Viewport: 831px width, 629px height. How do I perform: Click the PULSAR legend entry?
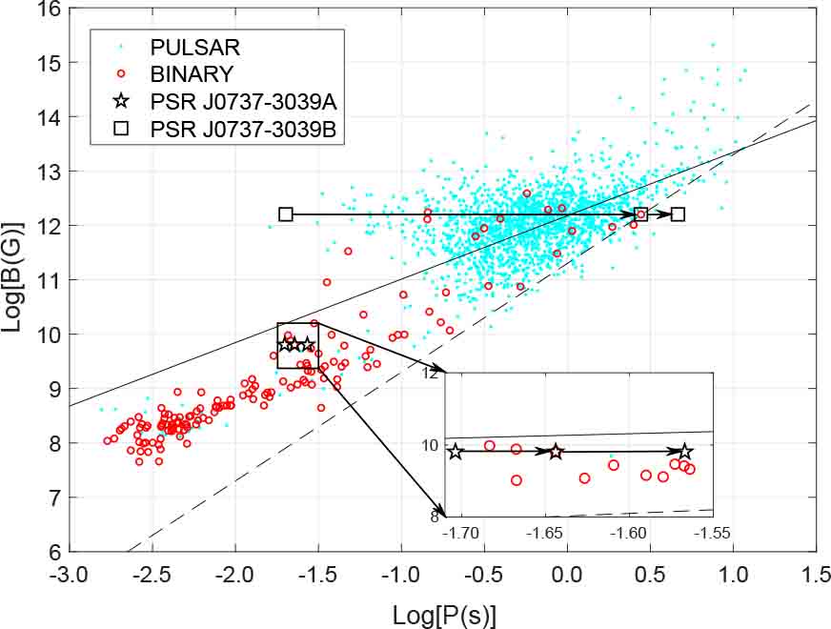[194, 46]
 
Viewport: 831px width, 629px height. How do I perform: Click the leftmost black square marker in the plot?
[285, 214]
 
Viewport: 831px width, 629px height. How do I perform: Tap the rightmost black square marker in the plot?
[678, 214]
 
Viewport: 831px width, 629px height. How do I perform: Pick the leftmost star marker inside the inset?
[456, 452]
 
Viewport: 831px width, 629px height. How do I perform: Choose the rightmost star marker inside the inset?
[684, 452]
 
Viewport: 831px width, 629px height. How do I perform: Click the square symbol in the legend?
[120, 129]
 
